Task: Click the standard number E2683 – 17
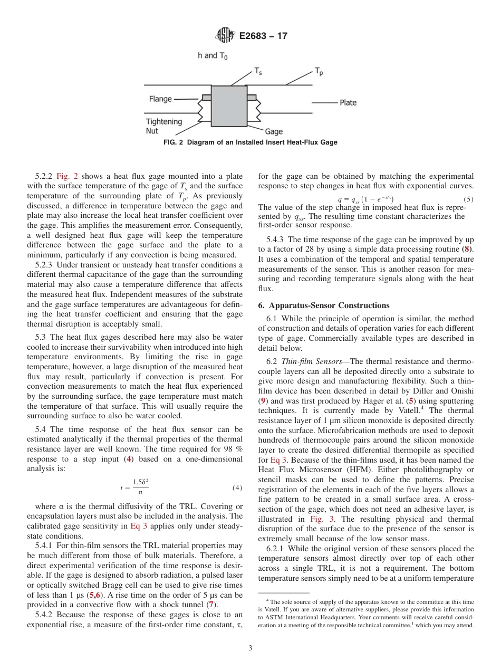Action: [263, 36]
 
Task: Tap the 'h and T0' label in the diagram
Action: [213, 55]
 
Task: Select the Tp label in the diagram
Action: [319, 71]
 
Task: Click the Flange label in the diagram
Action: [160, 99]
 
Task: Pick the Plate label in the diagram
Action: [348, 102]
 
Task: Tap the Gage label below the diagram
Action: [274, 131]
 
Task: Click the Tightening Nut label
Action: [163, 126]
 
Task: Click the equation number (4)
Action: [237, 488]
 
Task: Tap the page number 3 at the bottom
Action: [250, 648]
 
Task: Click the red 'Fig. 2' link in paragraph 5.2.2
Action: [67, 176]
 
